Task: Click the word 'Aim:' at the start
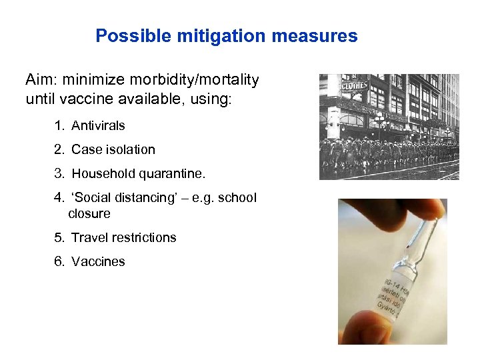click(x=41, y=81)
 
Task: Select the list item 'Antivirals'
click(x=98, y=125)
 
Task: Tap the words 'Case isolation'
click(x=113, y=149)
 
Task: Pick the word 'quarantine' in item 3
click(x=171, y=174)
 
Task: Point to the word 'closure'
click(x=89, y=214)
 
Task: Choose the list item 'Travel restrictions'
click(x=123, y=238)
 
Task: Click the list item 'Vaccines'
click(x=98, y=262)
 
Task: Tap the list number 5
click(x=59, y=238)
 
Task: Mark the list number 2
click(x=59, y=149)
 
